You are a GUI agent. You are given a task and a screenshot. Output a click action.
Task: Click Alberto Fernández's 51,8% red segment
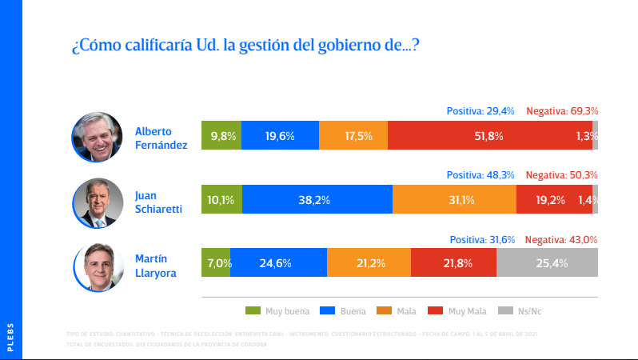click(489, 136)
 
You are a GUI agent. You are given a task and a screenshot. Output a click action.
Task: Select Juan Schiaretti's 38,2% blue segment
click(317, 200)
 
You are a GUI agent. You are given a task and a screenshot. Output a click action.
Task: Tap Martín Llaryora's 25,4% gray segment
click(547, 262)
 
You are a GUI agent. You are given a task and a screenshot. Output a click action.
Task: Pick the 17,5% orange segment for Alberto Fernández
click(353, 136)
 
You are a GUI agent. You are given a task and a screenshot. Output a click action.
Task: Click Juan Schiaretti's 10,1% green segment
click(221, 200)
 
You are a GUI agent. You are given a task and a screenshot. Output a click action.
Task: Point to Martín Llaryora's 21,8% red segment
click(453, 262)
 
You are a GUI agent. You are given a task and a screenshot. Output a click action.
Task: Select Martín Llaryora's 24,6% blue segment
click(278, 262)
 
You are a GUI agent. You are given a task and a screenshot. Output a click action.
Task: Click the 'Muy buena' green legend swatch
click(253, 310)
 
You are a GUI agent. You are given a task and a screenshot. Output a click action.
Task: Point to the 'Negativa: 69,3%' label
click(562, 111)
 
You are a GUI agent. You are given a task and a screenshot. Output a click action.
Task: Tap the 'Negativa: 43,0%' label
click(562, 238)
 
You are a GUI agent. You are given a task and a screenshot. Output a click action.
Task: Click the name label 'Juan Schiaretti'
click(159, 201)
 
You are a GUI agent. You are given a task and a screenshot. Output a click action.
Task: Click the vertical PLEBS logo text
click(10, 337)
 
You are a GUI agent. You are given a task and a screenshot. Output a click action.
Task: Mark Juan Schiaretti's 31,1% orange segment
click(454, 200)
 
